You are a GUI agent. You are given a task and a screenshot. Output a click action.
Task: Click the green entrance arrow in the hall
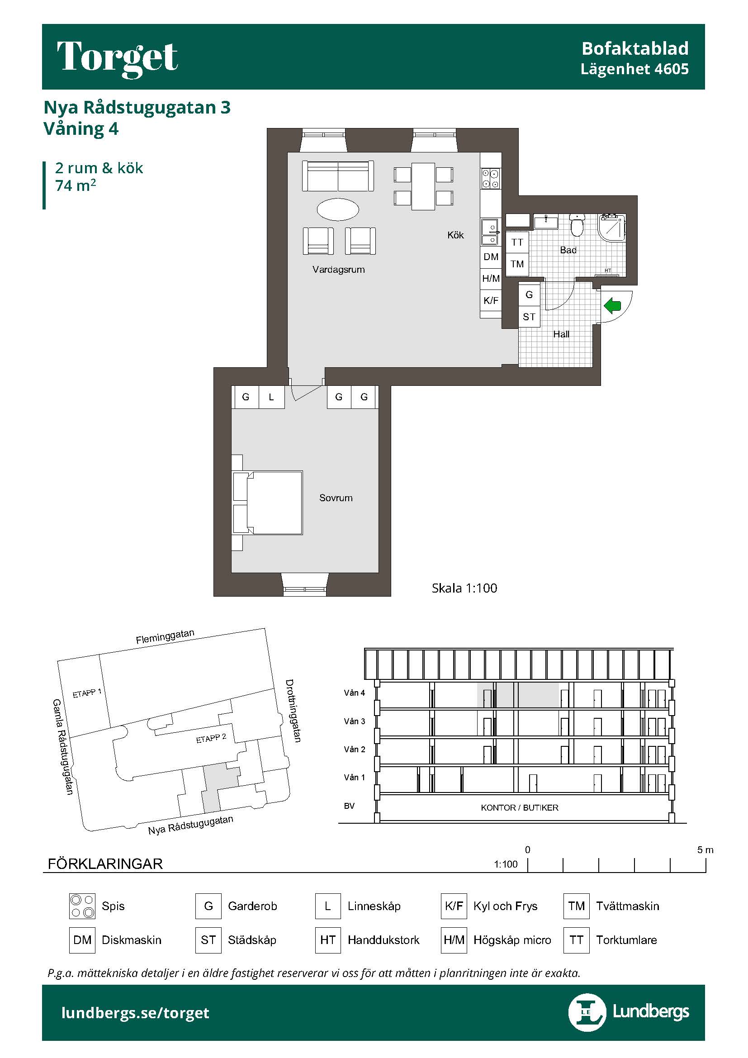point(613,305)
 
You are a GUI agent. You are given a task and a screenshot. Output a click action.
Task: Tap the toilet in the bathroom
point(577,224)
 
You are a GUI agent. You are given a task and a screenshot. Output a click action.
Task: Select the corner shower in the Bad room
point(612,228)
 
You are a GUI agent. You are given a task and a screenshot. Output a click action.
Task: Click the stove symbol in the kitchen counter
point(491,178)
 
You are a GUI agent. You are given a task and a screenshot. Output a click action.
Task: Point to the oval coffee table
point(338,210)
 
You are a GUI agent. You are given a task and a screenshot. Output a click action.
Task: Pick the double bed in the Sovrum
point(268,503)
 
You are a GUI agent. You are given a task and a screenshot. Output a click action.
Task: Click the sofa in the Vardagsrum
point(338,176)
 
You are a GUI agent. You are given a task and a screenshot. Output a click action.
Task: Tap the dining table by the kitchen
point(423,186)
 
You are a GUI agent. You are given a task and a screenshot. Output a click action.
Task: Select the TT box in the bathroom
point(517,242)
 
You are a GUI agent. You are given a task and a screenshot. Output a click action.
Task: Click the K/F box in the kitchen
point(491,300)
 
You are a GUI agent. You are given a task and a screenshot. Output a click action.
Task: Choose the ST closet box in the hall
point(529,317)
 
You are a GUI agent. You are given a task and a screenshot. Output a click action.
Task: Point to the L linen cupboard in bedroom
point(271,397)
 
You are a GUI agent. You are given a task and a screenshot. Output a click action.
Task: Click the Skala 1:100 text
point(464,588)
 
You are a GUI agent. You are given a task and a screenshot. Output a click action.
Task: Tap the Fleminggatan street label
point(165,636)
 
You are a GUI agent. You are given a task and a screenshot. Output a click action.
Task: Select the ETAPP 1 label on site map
point(87,693)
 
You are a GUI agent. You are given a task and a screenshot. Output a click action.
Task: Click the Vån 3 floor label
point(354,721)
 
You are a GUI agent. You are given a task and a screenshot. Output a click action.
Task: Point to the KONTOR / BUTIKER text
point(520,808)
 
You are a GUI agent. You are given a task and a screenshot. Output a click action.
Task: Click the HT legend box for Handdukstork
point(327,940)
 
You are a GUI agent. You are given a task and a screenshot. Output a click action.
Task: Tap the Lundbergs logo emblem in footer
point(587,1012)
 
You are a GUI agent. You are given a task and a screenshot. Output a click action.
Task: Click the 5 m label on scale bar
point(705,850)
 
